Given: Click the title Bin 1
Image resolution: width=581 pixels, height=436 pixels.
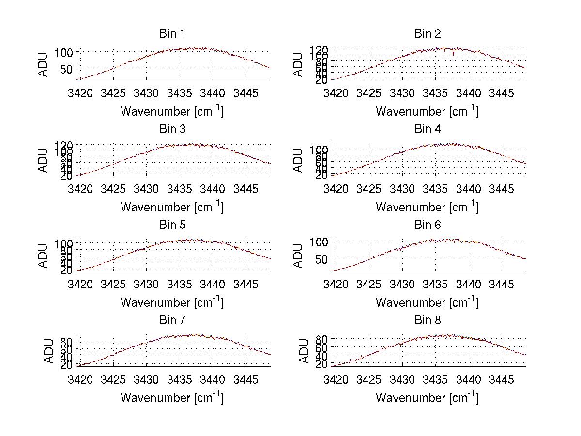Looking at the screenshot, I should click(172, 34).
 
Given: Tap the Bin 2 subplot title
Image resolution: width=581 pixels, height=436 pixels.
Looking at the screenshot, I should click(428, 34).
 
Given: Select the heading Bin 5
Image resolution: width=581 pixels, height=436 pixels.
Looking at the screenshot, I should click(172, 225).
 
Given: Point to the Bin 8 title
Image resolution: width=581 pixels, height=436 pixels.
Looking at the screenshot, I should click(428, 320).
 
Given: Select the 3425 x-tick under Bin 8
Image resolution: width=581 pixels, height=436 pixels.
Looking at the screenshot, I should click(369, 379).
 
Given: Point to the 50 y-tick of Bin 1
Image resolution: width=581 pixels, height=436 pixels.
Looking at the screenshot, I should click(67, 69).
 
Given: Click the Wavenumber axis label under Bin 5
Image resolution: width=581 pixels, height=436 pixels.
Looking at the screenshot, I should click(172, 302).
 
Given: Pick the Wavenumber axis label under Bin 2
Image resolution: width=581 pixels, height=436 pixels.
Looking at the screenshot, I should click(427, 111).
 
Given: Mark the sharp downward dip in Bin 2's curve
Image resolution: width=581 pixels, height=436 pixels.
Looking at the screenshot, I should click(453, 53).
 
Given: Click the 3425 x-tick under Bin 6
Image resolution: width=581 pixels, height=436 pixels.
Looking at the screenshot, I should click(369, 284).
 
